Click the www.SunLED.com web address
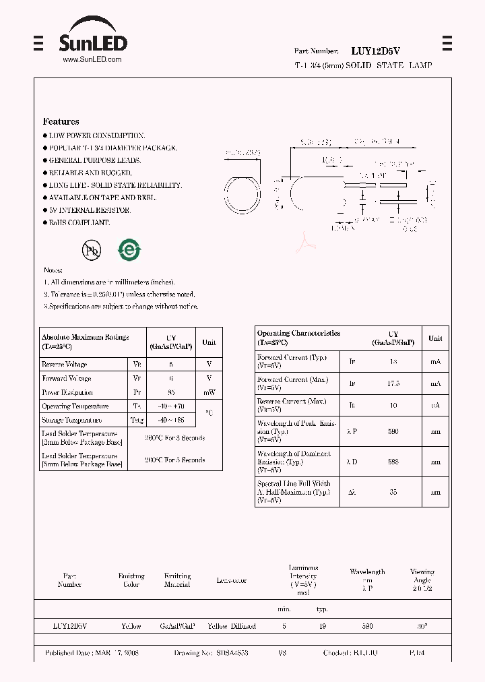tap(92, 59)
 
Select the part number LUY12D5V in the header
tap(375, 51)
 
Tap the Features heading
tap(61, 121)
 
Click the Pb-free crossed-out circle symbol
tap(91, 251)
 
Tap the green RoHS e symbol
tap(129, 250)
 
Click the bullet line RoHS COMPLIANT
tap(79, 222)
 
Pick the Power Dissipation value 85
tap(171, 392)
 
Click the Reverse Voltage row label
tap(65, 365)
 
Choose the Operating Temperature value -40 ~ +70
tap(171, 406)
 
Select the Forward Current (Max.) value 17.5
tap(393, 383)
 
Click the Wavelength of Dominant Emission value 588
tap(393, 462)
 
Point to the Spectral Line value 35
tap(393, 492)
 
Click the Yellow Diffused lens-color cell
tap(232, 626)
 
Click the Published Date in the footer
tap(92, 653)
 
